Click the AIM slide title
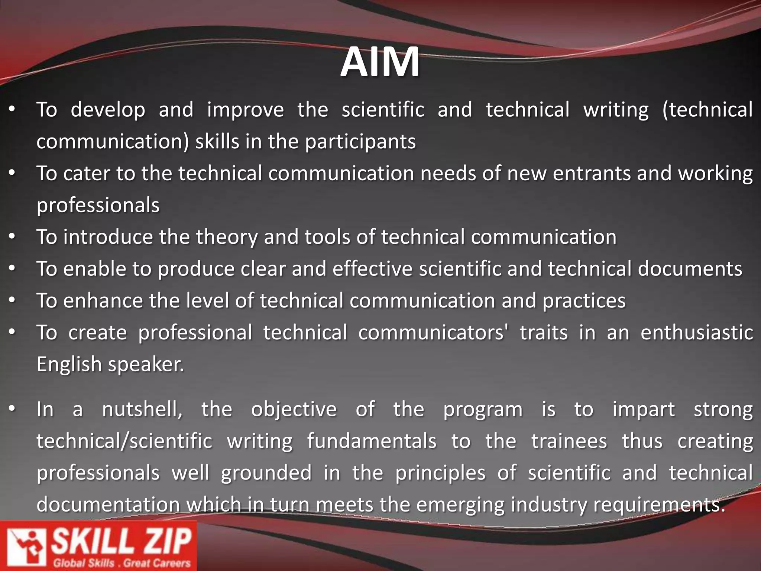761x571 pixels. click(380, 62)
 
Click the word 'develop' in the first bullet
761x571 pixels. click(108, 110)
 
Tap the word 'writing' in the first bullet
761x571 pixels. click(616, 110)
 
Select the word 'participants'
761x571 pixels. click(360, 142)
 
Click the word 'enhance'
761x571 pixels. click(103, 301)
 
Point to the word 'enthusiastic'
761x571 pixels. click(697, 332)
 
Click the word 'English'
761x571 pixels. click(69, 364)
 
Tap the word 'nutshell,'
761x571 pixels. click(142, 410)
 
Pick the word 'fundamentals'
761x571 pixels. click(372, 441)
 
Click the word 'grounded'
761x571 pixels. click(266, 473)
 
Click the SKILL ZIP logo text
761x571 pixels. click(121, 541)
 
